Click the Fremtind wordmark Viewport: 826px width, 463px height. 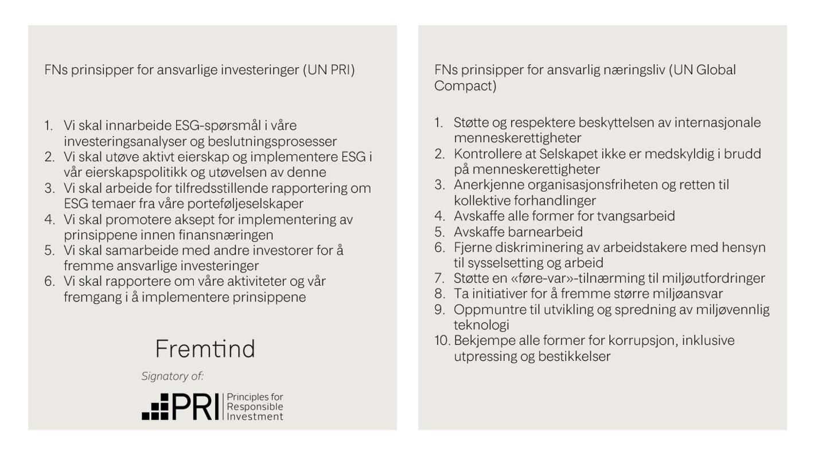click(205, 349)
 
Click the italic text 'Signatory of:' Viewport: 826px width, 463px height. click(173, 376)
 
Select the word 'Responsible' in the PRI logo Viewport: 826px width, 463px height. click(255, 407)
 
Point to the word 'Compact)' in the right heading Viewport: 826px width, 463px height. click(466, 87)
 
